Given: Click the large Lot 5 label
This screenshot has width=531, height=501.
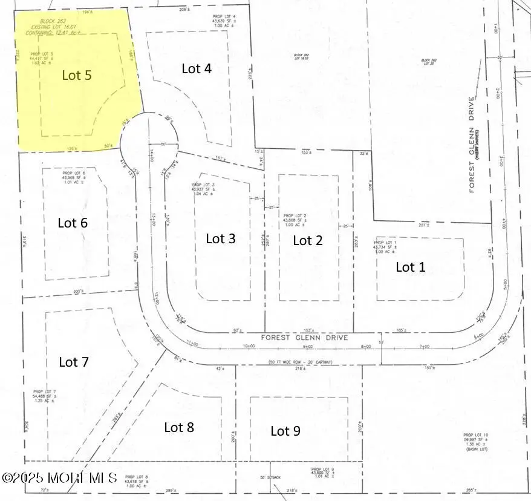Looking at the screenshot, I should [x=77, y=76].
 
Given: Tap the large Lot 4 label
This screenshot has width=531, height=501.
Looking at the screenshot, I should [x=197, y=68].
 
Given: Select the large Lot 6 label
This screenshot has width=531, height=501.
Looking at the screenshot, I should [x=73, y=223].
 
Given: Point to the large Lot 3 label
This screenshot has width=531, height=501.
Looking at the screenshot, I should [x=221, y=238].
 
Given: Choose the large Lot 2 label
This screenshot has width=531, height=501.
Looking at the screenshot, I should [x=308, y=241].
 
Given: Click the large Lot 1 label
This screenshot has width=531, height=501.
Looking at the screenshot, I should [x=411, y=267].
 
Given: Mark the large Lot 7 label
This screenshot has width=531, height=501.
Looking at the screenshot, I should [x=74, y=362].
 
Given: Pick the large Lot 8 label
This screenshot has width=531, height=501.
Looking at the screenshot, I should [x=179, y=428].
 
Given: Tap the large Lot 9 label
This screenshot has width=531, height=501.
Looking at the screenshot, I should [x=285, y=431].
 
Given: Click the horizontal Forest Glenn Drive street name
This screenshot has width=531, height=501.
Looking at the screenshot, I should [x=305, y=338].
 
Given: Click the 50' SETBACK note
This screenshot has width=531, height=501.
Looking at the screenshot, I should [x=272, y=478].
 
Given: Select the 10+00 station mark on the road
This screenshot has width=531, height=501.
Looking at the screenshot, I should [x=249, y=347].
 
